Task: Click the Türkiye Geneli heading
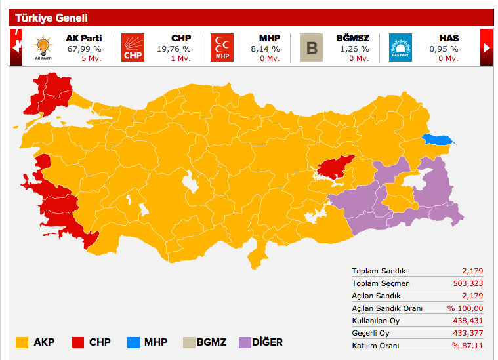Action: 51,18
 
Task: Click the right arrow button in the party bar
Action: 486,48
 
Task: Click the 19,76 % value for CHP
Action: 173,49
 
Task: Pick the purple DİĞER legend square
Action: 245,342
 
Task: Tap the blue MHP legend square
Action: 133,342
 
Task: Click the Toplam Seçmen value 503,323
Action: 468,283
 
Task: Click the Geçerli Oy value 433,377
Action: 468,333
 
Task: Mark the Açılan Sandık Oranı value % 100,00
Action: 465,308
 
